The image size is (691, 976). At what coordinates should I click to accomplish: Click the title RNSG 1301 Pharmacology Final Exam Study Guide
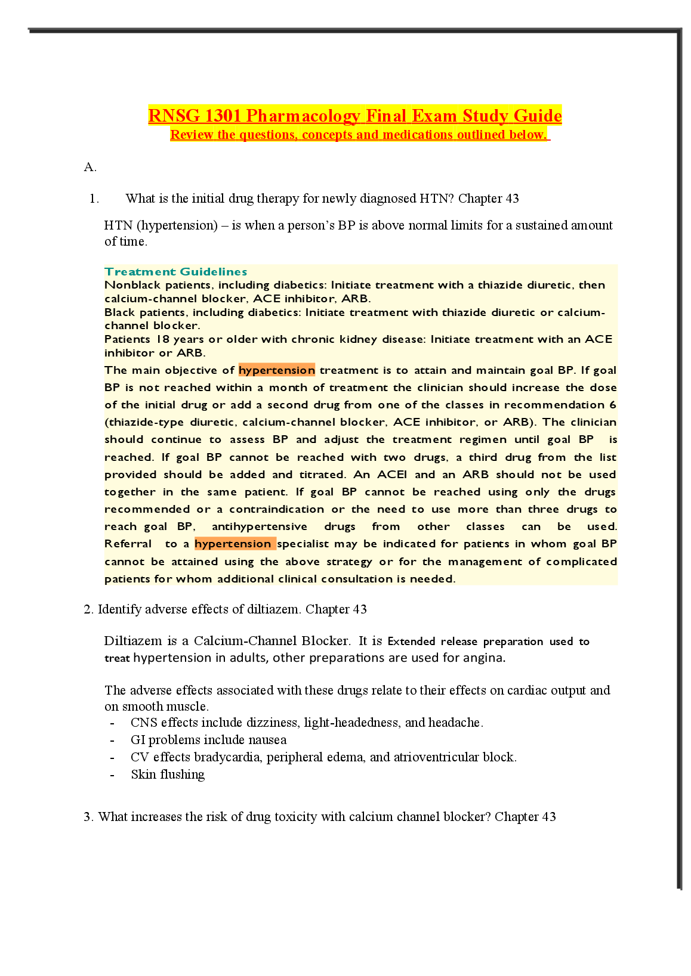click(x=354, y=116)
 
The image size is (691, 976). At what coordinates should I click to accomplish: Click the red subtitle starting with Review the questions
click(x=359, y=135)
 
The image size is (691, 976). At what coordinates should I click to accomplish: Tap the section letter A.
click(x=90, y=167)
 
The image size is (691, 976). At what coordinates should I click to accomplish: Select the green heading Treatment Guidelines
click(x=175, y=272)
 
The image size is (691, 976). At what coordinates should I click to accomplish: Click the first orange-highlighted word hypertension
click(x=276, y=370)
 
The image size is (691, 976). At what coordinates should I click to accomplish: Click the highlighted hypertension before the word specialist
click(x=233, y=544)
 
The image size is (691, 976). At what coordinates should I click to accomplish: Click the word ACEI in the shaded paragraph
click(x=392, y=475)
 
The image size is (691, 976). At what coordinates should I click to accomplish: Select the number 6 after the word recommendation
click(x=612, y=405)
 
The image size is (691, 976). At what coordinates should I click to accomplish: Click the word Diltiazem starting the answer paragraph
click(x=132, y=641)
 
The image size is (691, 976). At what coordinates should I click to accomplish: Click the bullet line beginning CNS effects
click(x=306, y=723)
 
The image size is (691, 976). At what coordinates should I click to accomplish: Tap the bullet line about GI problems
click(x=208, y=740)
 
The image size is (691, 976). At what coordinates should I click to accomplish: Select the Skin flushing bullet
click(x=168, y=774)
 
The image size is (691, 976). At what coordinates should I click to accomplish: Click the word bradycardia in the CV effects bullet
click(x=227, y=757)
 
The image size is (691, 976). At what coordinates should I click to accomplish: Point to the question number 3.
click(x=88, y=817)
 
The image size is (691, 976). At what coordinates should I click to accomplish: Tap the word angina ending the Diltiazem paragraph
click(x=487, y=658)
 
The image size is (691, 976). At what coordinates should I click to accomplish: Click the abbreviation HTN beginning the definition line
click(x=118, y=225)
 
